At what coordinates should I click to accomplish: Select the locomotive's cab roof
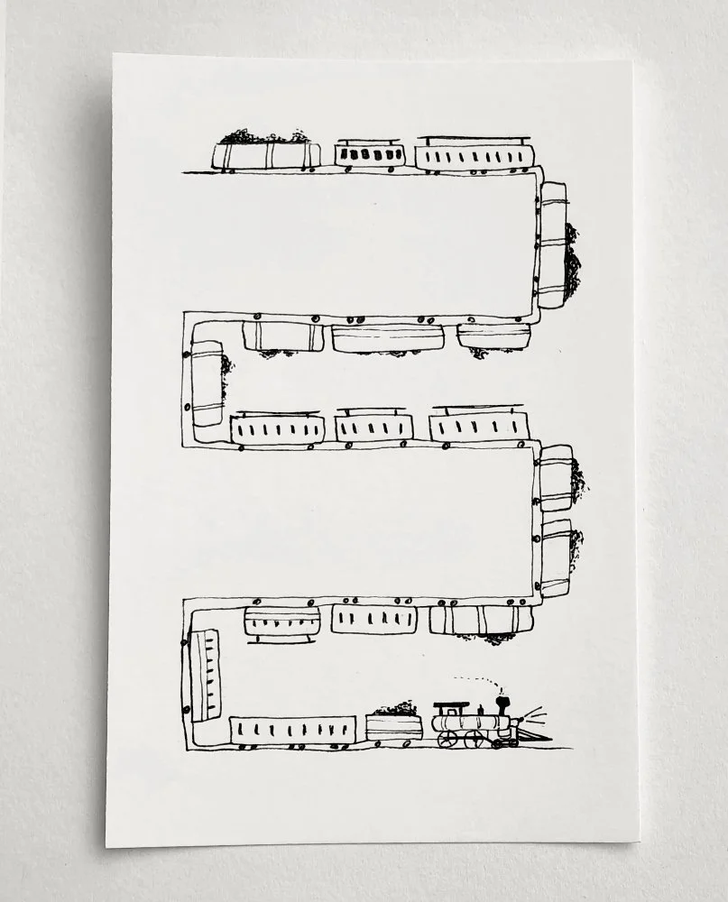click(x=451, y=704)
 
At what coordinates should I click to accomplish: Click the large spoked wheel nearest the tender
click(x=447, y=739)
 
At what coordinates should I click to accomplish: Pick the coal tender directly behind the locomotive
click(x=394, y=726)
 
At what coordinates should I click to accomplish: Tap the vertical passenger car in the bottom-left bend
click(x=207, y=675)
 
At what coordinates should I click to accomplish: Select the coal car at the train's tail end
click(x=266, y=154)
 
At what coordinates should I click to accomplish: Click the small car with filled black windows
click(x=368, y=154)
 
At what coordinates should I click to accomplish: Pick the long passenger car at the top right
click(x=475, y=154)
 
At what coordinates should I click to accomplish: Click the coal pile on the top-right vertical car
click(x=572, y=262)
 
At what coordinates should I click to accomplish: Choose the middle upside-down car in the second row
click(x=388, y=337)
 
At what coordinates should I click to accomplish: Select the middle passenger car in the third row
click(x=374, y=428)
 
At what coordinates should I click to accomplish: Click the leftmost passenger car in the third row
click(x=278, y=428)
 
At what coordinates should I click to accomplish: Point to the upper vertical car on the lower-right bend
click(x=556, y=477)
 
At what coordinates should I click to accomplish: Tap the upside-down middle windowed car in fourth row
click(x=374, y=619)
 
